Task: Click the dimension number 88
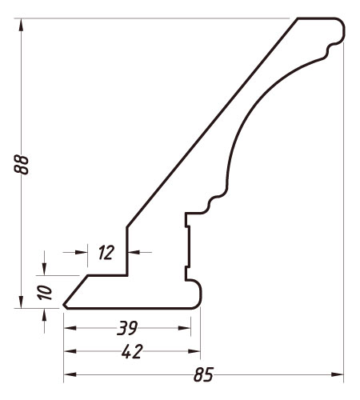click(21, 165)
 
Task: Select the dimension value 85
click(203, 374)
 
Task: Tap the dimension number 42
click(132, 351)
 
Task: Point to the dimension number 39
click(127, 328)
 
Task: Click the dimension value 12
click(106, 252)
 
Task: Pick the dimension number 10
click(45, 293)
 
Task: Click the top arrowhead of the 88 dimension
click(21, 25)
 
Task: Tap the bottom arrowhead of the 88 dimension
click(21, 302)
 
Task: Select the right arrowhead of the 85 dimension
click(338, 374)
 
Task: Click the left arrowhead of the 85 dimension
click(70, 374)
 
